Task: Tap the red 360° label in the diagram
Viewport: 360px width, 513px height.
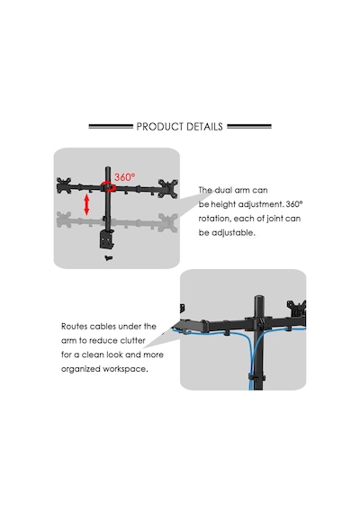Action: [124, 177]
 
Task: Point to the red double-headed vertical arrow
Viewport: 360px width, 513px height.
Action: [86, 205]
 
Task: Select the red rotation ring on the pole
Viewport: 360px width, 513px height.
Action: [108, 187]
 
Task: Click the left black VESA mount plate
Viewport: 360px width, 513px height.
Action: [64, 185]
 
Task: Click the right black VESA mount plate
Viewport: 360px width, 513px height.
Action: [168, 188]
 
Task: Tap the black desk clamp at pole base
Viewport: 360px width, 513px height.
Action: [106, 239]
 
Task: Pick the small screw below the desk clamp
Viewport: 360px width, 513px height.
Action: [109, 258]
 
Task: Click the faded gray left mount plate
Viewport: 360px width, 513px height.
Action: [64, 220]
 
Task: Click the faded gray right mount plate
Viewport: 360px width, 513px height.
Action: [168, 222]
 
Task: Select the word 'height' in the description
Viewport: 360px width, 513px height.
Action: [223, 204]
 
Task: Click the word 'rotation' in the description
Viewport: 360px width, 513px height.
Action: [213, 219]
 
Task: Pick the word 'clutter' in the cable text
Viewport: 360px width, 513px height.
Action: [132, 340]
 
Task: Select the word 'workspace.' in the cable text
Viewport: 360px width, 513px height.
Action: [125, 369]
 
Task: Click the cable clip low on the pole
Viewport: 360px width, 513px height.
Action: [256, 377]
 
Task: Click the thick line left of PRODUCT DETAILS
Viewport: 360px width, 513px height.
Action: [111, 126]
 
